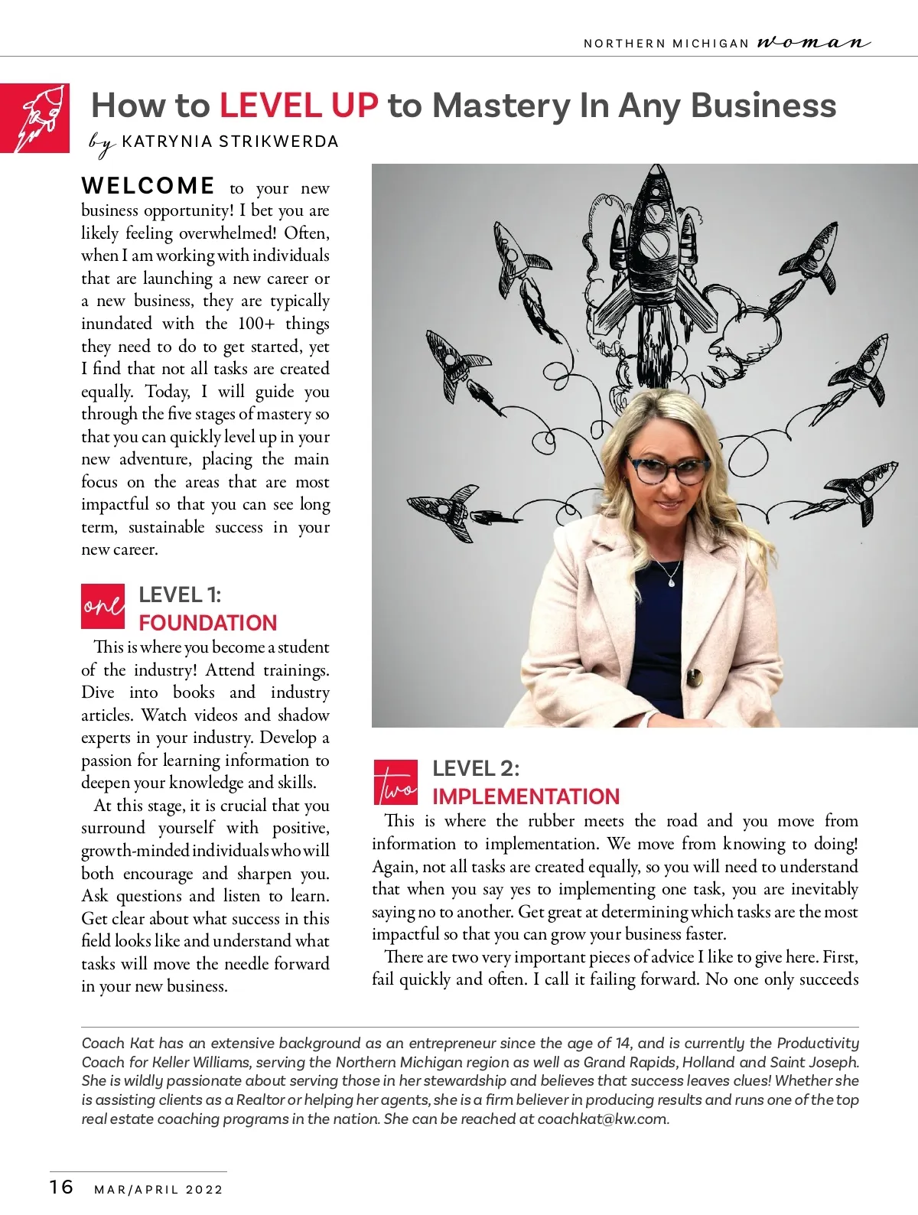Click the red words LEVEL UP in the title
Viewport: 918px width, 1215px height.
[298, 106]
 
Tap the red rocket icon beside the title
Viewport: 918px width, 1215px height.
[35, 118]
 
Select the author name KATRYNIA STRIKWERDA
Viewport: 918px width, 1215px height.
[229, 142]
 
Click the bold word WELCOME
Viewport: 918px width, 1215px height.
[148, 186]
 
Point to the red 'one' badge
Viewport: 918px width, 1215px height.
[103, 606]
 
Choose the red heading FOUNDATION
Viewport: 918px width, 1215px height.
[207, 623]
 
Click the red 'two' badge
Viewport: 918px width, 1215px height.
[396, 782]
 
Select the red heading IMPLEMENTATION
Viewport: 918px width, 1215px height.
[526, 796]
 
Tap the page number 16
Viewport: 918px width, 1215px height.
[62, 1187]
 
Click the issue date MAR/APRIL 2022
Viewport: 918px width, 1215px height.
[158, 1190]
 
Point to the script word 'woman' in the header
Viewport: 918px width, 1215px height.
[813, 42]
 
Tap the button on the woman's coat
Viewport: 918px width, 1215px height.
[695, 677]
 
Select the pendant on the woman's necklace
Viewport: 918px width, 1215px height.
[671, 581]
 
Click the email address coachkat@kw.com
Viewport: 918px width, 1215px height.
[602, 1119]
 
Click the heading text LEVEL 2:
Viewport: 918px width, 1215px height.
[475, 768]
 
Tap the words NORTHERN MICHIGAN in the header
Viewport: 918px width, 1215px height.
[666, 44]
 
